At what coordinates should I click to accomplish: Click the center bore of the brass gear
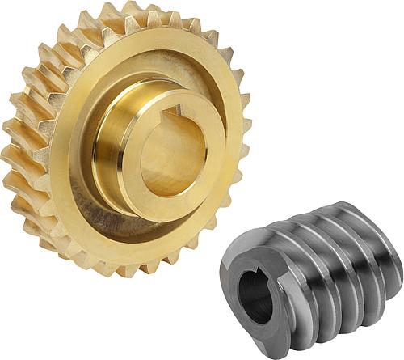pos(171,154)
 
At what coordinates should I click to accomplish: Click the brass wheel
pos(121,138)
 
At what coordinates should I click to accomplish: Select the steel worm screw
pos(315,275)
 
